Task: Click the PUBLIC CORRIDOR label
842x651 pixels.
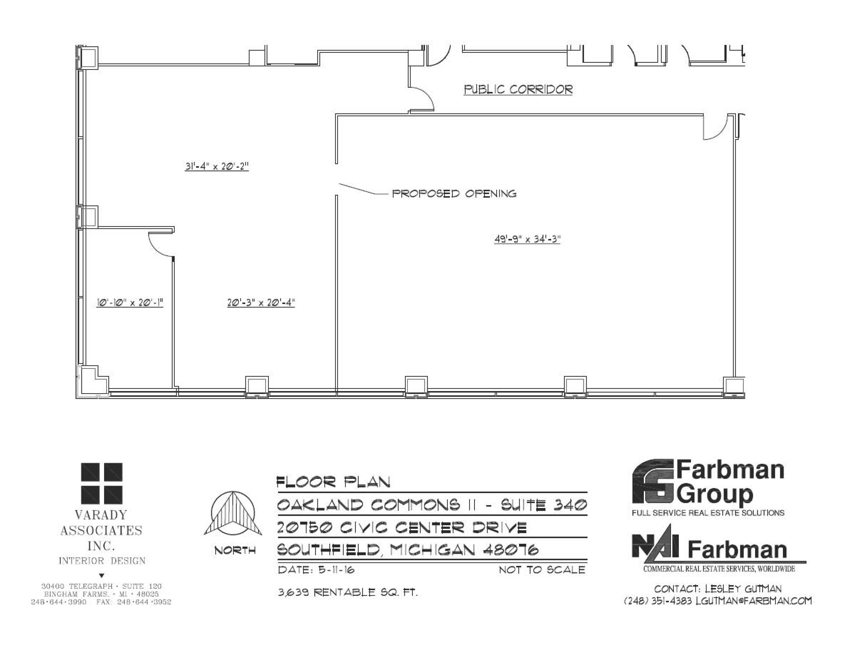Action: point(518,89)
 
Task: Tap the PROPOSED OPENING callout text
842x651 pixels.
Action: point(454,193)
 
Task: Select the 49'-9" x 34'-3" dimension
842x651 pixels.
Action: point(527,239)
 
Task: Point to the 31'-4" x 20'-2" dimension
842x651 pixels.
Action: point(217,166)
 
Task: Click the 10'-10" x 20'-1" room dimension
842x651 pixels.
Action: point(130,303)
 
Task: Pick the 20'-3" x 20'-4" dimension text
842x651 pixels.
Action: point(261,303)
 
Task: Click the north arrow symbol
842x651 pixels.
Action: point(233,513)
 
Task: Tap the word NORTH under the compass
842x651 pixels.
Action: point(235,550)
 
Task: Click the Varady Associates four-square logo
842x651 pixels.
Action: point(102,483)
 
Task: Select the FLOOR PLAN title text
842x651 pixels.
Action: point(333,482)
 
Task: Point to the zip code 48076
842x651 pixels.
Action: point(510,550)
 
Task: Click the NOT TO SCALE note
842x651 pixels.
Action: point(541,570)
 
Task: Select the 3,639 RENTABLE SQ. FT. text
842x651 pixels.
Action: point(348,592)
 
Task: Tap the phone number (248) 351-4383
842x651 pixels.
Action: point(657,601)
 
